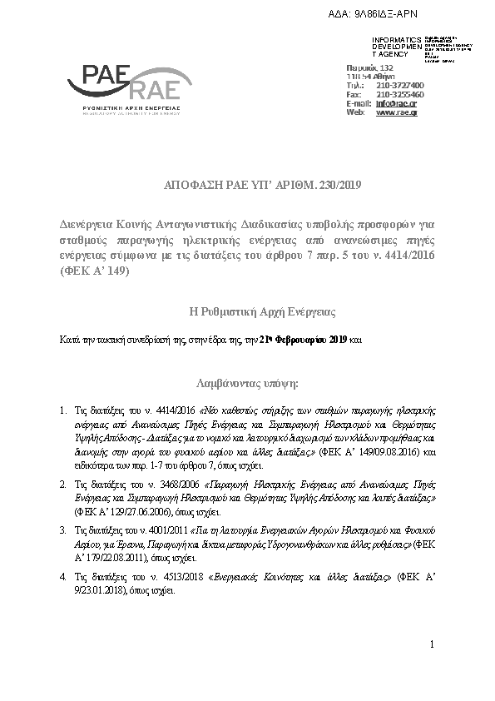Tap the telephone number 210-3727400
click(x=400, y=85)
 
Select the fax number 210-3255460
click(x=400, y=94)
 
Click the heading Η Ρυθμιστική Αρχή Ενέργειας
click(x=263, y=312)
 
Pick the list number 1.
click(x=65, y=411)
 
